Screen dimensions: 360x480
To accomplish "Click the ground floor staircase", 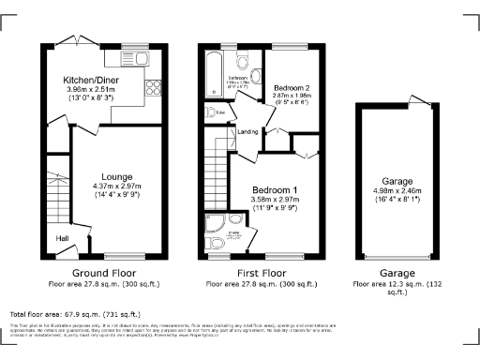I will click(56, 197).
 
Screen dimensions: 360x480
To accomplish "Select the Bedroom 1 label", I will click(275, 190).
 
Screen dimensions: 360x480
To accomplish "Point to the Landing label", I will click(248, 131).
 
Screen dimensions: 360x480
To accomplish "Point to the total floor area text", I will click(75, 314).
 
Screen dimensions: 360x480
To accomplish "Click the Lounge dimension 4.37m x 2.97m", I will click(118, 187).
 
